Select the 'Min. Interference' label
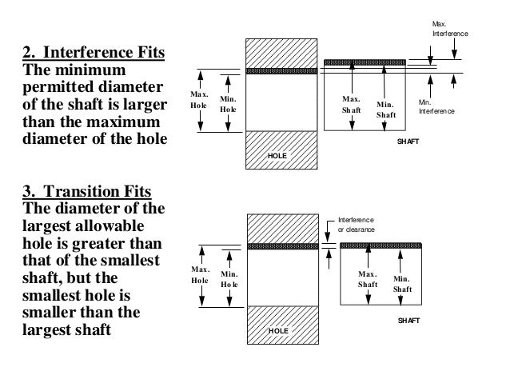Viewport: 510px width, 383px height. (x=436, y=107)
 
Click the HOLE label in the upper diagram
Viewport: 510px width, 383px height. (x=277, y=154)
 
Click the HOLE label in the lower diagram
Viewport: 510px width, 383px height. (x=277, y=329)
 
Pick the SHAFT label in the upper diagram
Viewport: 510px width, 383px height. (x=408, y=141)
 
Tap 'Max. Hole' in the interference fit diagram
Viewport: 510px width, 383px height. (x=199, y=100)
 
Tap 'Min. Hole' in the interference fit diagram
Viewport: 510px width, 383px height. (x=228, y=104)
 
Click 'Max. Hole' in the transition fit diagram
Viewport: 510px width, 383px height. (x=199, y=275)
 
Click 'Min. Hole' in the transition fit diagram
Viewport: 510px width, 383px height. (x=229, y=279)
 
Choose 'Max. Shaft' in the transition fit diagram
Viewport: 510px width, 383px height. (x=368, y=279)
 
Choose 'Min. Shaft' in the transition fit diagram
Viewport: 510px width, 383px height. (x=402, y=283)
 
